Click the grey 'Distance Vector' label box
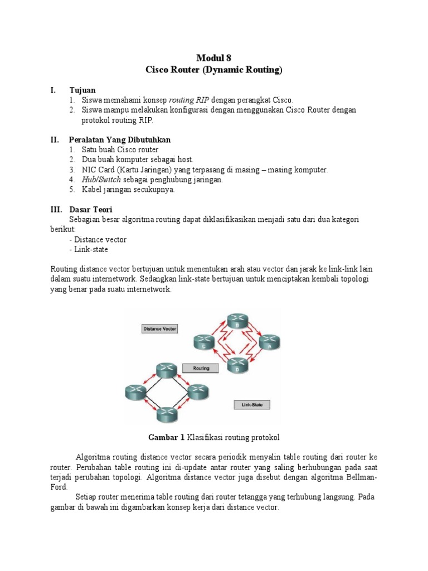[x=160, y=329]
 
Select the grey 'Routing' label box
[x=201, y=369]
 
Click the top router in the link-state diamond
[x=166, y=370]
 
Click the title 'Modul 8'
[x=214, y=58]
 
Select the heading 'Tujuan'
[x=82, y=90]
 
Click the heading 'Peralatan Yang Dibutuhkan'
[x=120, y=140]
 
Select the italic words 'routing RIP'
[x=189, y=100]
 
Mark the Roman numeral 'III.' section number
[x=56, y=210]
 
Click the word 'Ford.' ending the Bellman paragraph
[x=60, y=486]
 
